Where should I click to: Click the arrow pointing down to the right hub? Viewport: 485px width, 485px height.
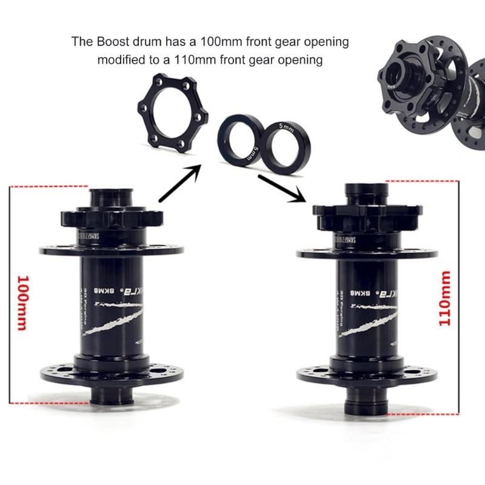tap(281, 189)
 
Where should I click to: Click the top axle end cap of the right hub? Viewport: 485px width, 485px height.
tap(366, 192)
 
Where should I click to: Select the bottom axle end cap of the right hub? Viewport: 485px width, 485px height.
tap(366, 404)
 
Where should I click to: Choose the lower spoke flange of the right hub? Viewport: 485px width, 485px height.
tap(366, 370)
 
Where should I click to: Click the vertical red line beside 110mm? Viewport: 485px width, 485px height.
tap(459, 297)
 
